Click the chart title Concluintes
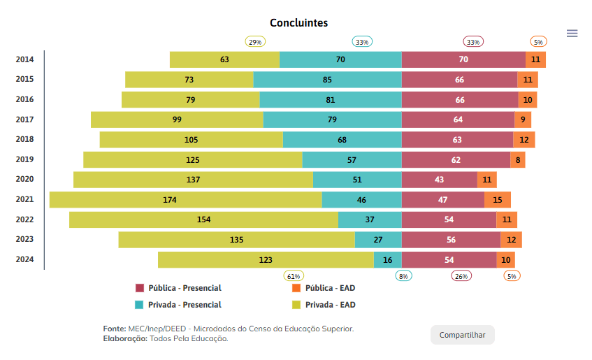point(298,23)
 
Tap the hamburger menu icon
point(572,33)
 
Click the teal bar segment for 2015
point(327,80)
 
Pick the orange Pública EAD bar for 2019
point(517,160)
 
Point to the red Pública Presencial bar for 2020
point(439,180)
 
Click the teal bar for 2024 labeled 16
point(387,260)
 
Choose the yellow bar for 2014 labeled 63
point(224,60)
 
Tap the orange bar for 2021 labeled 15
point(498,200)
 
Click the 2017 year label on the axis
point(25,120)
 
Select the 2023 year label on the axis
point(25,240)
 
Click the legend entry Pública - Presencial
point(178,288)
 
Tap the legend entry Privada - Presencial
point(178,305)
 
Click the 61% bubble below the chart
point(293,275)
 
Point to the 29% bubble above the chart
point(255,42)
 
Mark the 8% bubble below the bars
point(403,275)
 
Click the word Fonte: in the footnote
point(114,329)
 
